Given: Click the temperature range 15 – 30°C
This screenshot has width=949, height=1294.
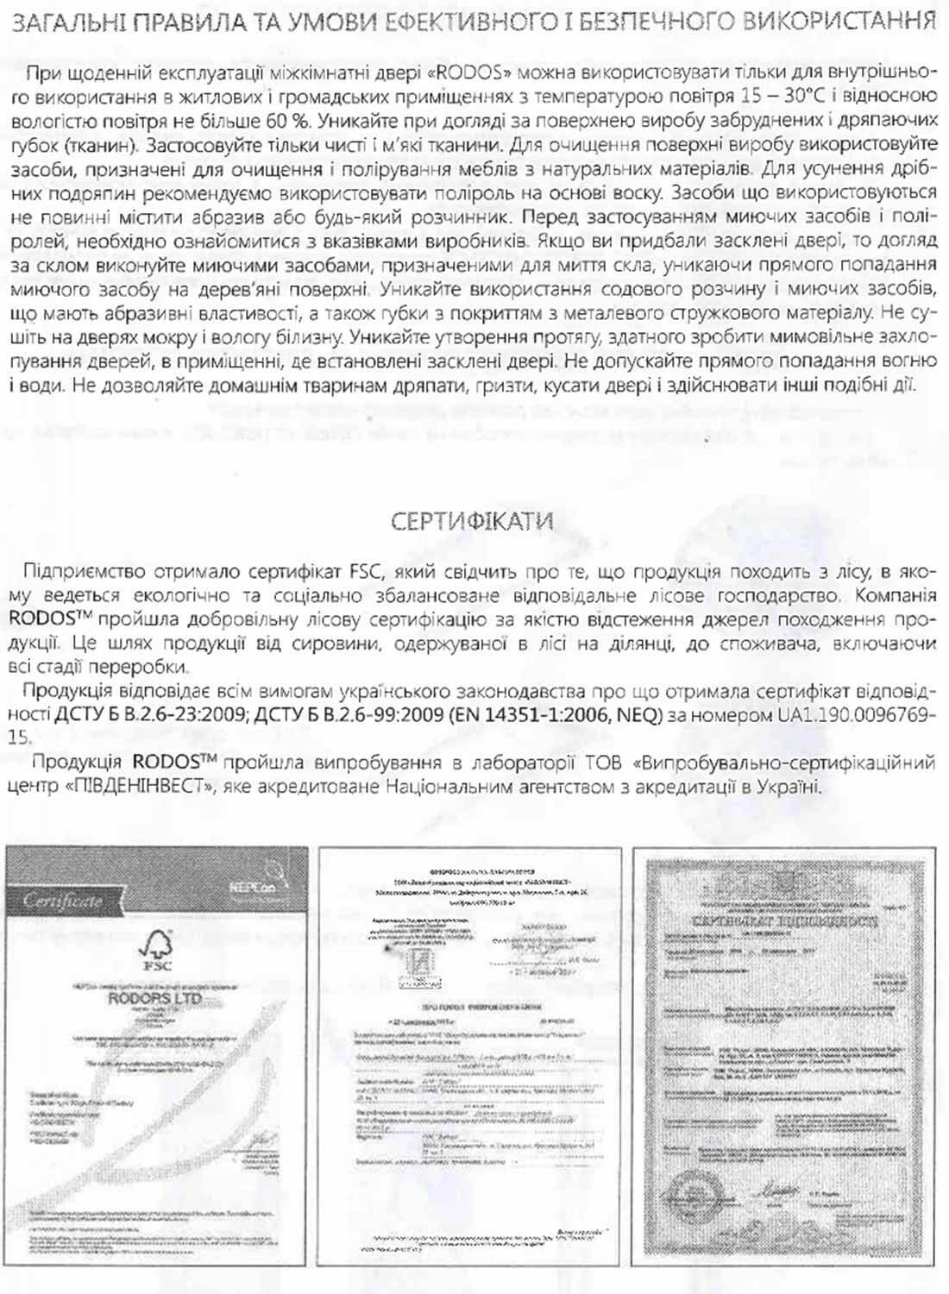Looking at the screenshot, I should [781, 92].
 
